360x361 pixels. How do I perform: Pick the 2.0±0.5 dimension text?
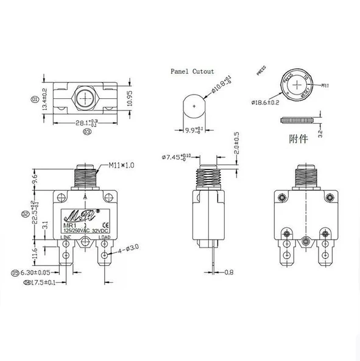(x=236, y=143)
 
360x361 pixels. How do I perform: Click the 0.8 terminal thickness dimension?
(x=230, y=272)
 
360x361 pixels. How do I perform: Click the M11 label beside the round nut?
(x=325, y=86)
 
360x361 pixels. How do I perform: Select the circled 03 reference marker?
(x=88, y=130)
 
